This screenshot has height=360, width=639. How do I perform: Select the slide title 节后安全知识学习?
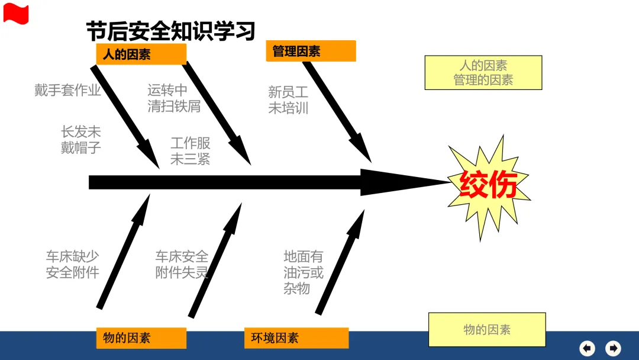click(170, 30)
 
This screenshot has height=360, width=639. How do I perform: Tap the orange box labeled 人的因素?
click(141, 54)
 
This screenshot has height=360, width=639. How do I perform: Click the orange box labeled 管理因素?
click(311, 52)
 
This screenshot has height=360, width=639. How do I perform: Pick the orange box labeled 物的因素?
click(141, 338)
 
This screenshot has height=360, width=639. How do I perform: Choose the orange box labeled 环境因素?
click(296, 338)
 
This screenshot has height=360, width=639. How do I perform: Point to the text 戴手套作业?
click(67, 91)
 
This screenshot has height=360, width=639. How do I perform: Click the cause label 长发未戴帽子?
click(81, 140)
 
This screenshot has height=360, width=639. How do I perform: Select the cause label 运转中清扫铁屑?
click(174, 98)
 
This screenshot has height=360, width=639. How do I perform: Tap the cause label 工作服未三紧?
click(191, 151)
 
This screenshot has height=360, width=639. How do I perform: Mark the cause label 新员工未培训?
click(288, 100)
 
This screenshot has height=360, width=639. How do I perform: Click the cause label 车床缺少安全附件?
click(73, 265)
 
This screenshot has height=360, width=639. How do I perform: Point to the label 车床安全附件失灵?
click(182, 265)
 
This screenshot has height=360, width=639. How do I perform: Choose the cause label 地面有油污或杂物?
click(304, 272)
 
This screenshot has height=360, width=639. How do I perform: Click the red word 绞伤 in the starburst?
click(489, 185)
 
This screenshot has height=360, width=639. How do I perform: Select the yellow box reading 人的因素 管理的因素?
click(483, 73)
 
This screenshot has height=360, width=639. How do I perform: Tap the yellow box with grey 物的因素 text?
click(486, 330)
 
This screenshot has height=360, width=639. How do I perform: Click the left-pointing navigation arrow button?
click(587, 348)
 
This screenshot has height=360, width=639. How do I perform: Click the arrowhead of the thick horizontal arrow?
click(402, 182)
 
